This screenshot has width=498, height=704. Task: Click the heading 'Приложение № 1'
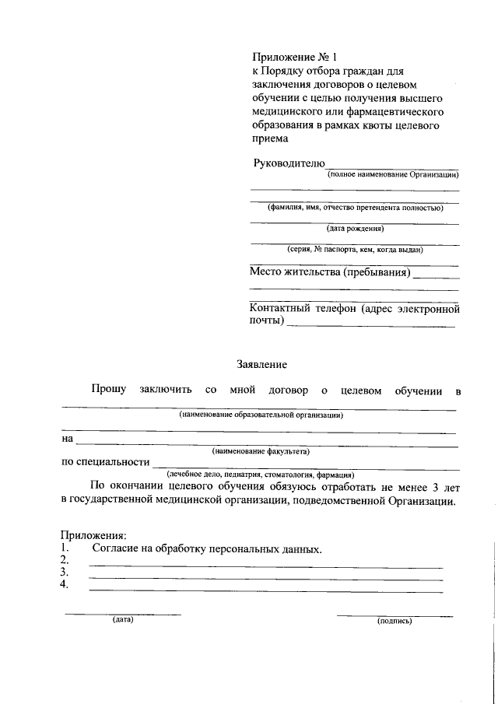pyautogui.click(x=296, y=58)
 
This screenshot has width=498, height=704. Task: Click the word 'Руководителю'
pyautogui.click(x=289, y=163)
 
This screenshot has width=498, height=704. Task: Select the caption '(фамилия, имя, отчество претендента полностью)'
pyautogui.click(x=355, y=208)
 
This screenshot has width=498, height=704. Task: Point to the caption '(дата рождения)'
pyautogui.click(x=355, y=229)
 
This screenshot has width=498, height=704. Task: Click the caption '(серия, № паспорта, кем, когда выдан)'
pyautogui.click(x=355, y=250)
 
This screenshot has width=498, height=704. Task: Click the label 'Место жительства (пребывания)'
pyautogui.click(x=329, y=272)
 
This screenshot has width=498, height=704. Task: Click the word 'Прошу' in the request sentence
pyautogui.click(x=107, y=390)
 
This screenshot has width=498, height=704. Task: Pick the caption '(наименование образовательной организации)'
pyautogui.click(x=261, y=415)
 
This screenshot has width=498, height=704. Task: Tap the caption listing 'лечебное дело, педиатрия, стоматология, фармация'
pyautogui.click(x=261, y=474)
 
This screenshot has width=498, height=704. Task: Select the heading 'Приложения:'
pyautogui.click(x=93, y=535)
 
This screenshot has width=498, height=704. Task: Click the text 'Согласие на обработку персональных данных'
pyautogui.click(x=206, y=548)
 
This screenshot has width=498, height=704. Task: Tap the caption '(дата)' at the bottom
pyautogui.click(x=123, y=621)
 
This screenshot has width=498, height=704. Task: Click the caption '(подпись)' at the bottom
pyautogui.click(x=394, y=622)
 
